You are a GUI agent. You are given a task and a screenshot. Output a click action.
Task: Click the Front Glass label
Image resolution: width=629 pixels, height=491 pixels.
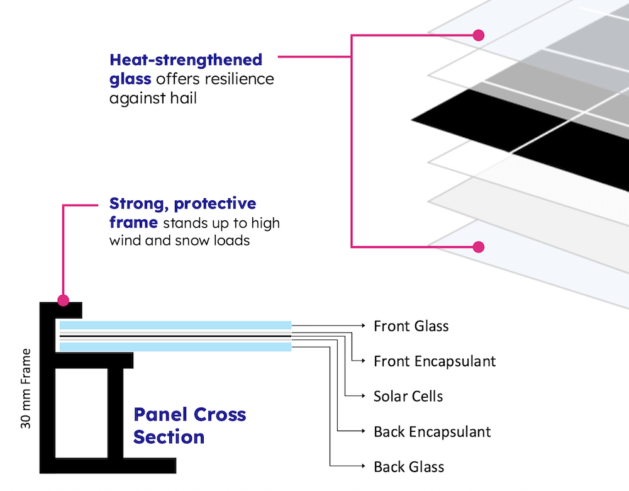[x=411, y=326]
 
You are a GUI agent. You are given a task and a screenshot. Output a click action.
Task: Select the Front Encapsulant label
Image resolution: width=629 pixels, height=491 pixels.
[x=434, y=361]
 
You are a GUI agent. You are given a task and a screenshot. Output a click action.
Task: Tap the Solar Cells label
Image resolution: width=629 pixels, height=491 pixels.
[x=408, y=397]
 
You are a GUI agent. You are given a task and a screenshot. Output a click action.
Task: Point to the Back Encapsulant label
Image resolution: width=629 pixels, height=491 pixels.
[x=431, y=432]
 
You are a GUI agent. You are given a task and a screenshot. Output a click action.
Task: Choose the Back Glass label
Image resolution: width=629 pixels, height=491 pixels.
[x=409, y=467]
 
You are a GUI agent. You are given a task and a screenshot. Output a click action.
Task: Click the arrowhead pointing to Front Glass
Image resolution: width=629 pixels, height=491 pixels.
[x=363, y=325]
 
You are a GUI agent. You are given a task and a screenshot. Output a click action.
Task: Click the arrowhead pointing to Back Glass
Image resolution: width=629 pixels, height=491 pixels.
[x=363, y=466]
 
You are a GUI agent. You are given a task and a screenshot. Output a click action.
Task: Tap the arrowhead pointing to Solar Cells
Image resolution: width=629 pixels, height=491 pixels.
[x=363, y=396]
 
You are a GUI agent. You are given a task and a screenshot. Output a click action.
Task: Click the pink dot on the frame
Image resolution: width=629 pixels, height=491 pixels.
[x=63, y=300]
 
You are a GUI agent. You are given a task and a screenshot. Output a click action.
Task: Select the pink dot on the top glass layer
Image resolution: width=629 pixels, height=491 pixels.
[x=478, y=35]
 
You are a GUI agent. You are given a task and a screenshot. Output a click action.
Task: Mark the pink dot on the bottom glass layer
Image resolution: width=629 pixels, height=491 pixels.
[x=478, y=247]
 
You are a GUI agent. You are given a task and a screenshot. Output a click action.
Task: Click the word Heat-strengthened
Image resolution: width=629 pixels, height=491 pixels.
[x=186, y=60]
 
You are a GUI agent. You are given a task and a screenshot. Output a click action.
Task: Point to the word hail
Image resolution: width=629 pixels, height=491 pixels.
[x=184, y=98]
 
